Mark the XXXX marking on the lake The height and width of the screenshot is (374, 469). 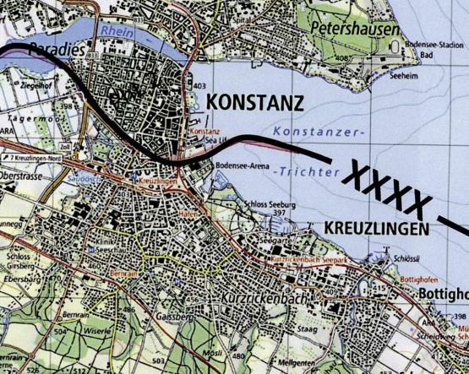pos(384,191)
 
